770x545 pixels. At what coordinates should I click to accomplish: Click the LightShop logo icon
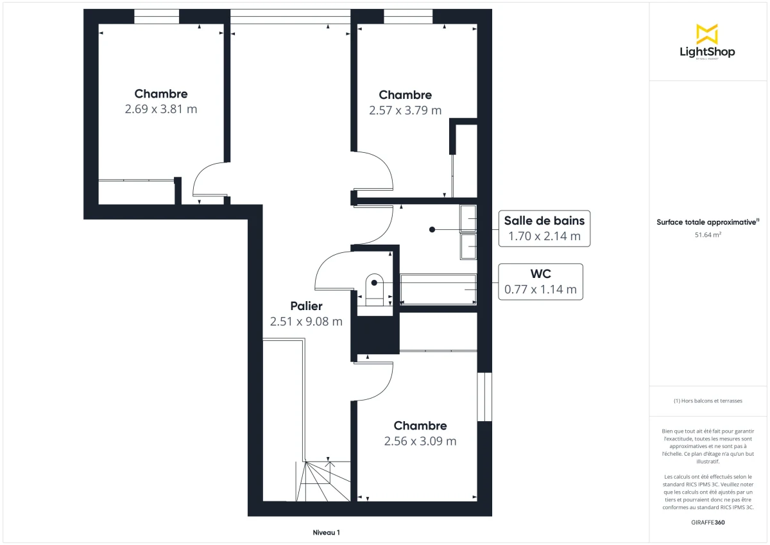click(x=707, y=34)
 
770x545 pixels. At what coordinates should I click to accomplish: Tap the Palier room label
click(x=305, y=306)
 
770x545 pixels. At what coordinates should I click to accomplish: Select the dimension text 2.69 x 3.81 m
click(x=161, y=109)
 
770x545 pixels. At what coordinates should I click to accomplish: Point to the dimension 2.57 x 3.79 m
click(x=405, y=110)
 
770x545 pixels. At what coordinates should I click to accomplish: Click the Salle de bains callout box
click(x=544, y=229)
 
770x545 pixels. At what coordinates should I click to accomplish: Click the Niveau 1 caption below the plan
click(x=326, y=532)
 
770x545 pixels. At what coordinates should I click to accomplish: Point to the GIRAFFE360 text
click(x=708, y=523)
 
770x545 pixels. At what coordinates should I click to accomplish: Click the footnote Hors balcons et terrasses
click(x=708, y=401)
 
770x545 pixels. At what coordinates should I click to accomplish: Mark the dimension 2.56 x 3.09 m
click(x=420, y=441)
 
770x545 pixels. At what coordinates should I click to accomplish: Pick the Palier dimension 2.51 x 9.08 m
click(x=306, y=322)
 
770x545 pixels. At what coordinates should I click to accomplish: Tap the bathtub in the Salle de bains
click(x=438, y=289)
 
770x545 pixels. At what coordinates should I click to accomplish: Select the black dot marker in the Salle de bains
click(x=432, y=229)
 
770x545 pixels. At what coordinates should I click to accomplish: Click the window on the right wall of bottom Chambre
click(x=484, y=397)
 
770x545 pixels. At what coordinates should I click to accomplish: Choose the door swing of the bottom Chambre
click(x=375, y=383)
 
